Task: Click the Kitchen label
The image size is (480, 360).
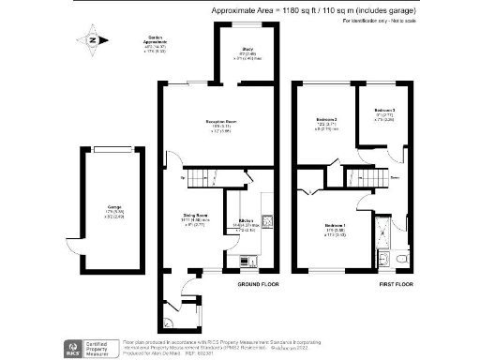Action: (241, 222)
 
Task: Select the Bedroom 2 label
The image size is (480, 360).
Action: (325, 121)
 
